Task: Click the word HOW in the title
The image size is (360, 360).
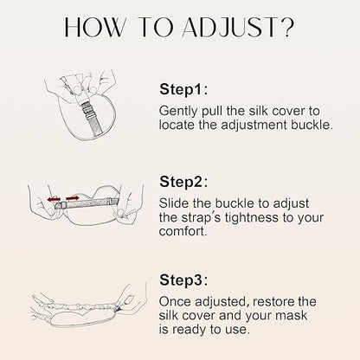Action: click(x=93, y=28)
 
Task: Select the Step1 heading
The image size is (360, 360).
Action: click(x=183, y=89)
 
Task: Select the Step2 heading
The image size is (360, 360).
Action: click(x=183, y=182)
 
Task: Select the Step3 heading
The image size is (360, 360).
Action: click(x=183, y=280)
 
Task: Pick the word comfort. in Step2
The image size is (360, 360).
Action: click(x=183, y=232)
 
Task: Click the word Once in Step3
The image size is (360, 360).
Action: click(x=175, y=302)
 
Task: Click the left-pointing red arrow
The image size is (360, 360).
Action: click(x=54, y=199)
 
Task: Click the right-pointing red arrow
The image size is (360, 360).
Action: click(x=73, y=198)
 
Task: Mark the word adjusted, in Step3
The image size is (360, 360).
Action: click(x=222, y=303)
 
